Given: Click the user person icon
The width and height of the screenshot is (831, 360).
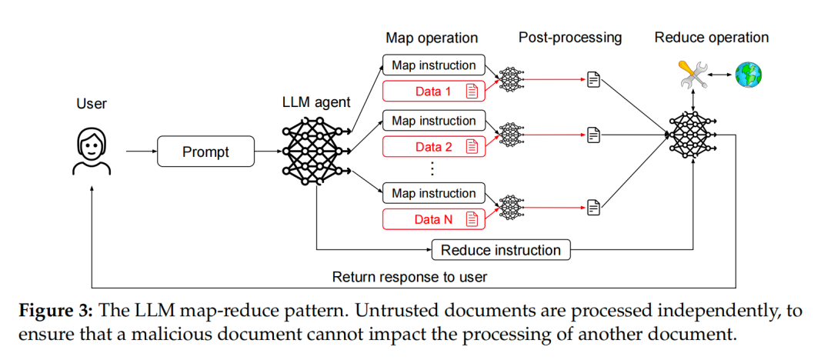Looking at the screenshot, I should coord(92,152).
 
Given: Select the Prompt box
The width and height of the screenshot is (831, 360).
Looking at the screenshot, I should coord(205,152).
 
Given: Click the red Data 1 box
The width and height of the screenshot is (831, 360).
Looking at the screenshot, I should coord(434,92).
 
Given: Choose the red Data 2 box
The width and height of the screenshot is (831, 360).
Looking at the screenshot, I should coord(434,147).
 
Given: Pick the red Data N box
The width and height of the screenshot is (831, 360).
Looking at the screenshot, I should coord(434,220).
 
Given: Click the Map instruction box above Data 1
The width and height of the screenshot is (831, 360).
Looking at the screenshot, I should coord(434,65).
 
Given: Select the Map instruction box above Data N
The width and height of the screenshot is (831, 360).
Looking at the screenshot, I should coord(434,193).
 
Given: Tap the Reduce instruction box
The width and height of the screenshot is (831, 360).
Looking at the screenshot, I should coord(501,250).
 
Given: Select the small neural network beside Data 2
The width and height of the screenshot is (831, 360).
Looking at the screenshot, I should coord(511,135).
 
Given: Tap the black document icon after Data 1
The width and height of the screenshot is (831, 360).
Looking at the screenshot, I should coord(593,78).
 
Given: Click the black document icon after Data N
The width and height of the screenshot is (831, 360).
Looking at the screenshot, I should coord(593,206).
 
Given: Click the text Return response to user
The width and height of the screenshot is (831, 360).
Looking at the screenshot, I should coord(409,277).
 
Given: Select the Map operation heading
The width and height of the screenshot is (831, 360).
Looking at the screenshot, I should coord(432,38).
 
